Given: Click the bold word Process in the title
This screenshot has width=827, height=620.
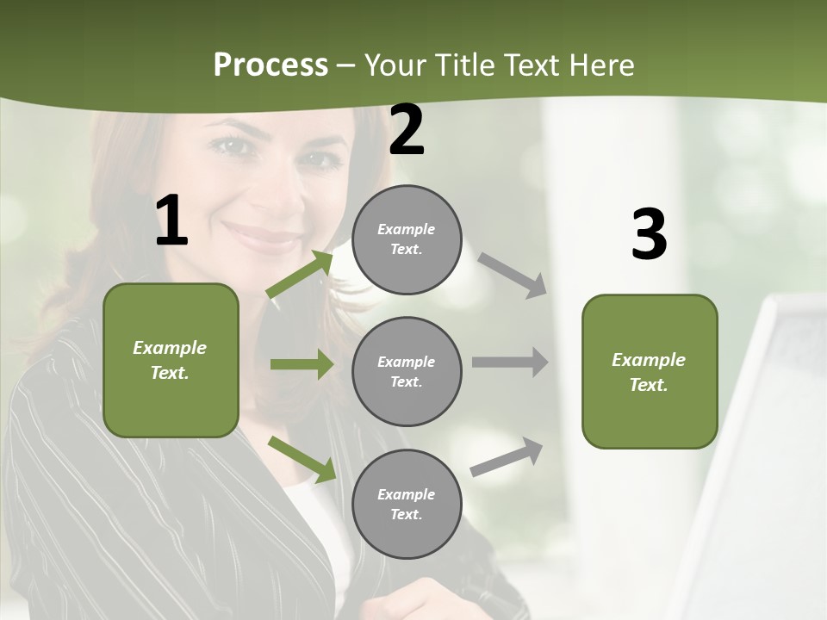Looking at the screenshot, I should [270, 65].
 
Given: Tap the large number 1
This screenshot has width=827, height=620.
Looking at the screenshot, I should [171, 220].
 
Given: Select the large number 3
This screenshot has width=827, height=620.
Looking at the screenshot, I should [649, 234].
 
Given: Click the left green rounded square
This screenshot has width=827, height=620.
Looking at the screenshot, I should [171, 360].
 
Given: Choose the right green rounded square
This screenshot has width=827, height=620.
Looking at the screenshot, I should [650, 371].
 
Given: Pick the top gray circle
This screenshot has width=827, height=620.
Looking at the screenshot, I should [407, 239].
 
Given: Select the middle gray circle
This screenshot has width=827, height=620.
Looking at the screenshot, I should [407, 371].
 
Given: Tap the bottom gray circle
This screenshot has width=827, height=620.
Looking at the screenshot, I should [407, 504].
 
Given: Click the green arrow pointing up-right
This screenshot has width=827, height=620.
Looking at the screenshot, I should [300, 274].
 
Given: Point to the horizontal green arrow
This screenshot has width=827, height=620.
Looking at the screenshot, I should [302, 364].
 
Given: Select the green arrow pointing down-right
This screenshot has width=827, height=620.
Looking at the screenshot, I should [302, 459].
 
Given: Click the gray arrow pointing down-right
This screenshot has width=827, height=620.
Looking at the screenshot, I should [512, 275].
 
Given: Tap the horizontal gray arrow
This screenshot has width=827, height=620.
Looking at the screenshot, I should [509, 363].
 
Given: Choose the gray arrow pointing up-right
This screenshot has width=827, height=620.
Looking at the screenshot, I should [507, 456].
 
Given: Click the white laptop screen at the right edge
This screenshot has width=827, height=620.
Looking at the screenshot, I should [767, 448].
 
